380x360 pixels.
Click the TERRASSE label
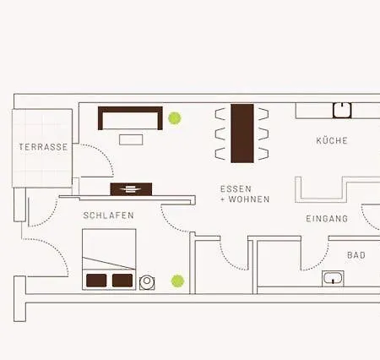[42, 146]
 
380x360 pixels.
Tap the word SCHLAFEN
[108, 215]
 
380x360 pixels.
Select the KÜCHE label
[332, 140]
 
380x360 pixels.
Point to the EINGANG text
[327, 219]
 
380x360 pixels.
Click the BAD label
[356, 254]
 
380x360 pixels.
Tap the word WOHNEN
[249, 200]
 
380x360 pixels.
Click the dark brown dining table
[242, 133]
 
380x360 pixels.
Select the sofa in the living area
[130, 117]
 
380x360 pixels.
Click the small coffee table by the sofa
[131, 139]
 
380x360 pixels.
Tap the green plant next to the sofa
[175, 118]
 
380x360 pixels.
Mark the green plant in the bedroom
[177, 281]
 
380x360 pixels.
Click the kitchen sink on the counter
[342, 109]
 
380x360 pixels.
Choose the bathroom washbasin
[333, 278]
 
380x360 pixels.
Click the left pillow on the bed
[97, 280]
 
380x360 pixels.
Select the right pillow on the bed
[122, 280]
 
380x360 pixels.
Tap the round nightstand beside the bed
[147, 281]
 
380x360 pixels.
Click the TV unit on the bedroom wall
[131, 189]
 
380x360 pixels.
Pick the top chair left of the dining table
[221, 113]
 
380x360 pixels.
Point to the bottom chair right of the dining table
[263, 153]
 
